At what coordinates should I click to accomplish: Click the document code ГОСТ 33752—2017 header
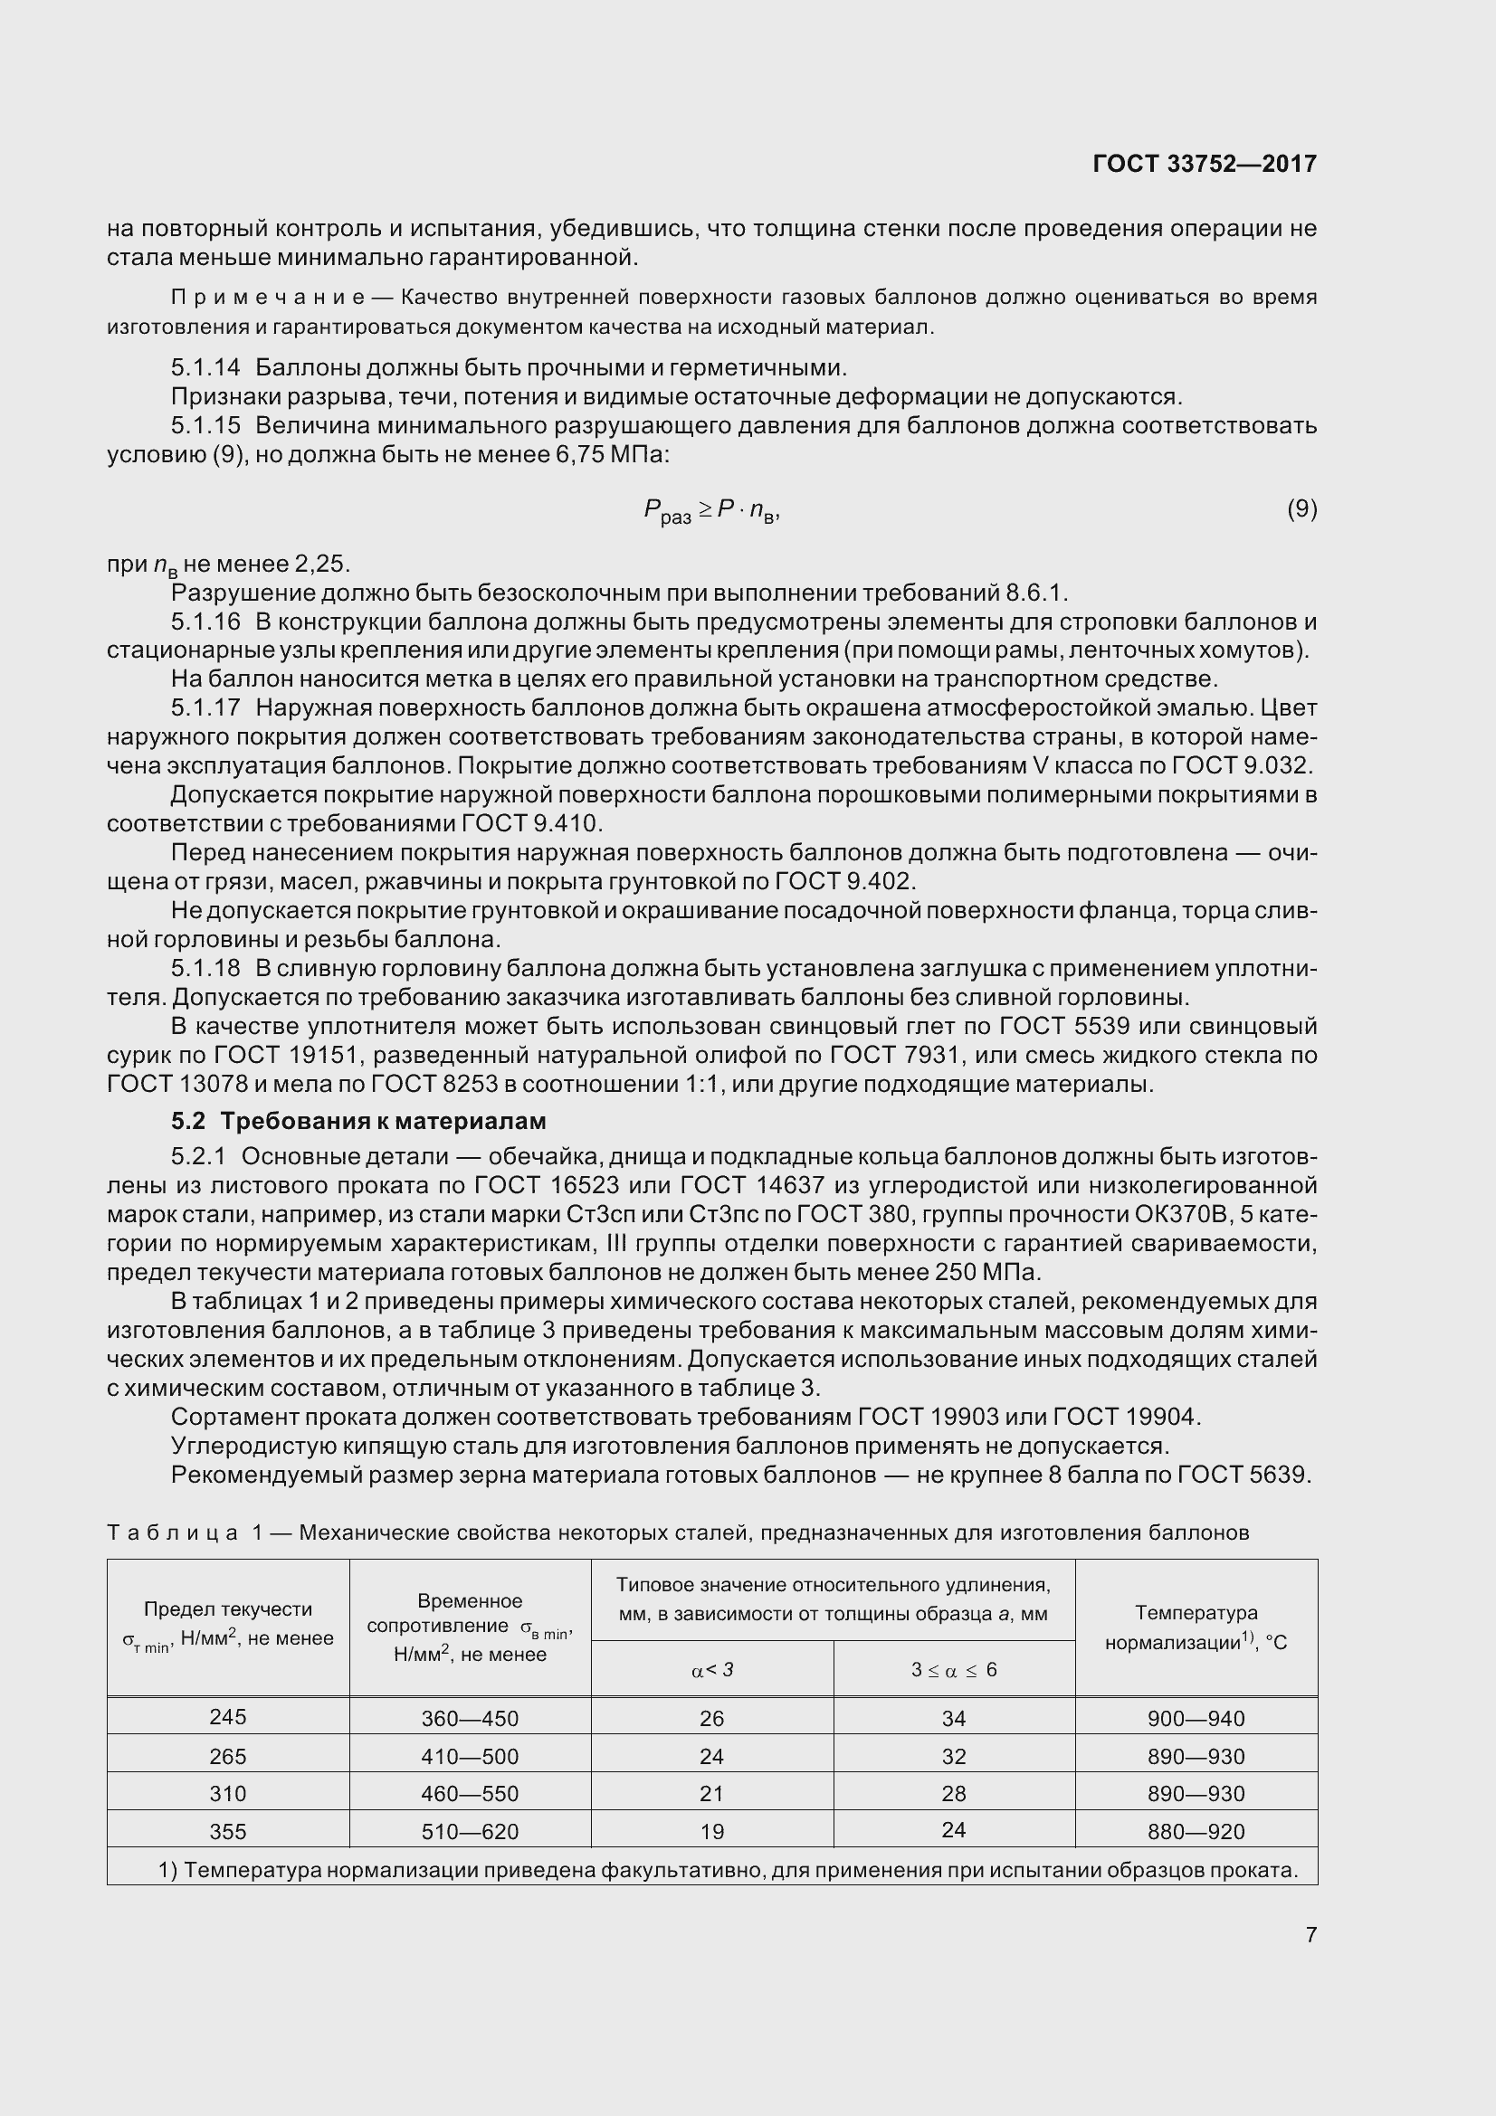(1204, 164)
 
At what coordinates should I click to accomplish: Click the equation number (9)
(1301, 508)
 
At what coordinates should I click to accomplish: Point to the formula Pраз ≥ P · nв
(711, 510)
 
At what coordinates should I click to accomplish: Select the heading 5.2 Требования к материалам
(358, 1121)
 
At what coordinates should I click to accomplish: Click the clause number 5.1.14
(205, 367)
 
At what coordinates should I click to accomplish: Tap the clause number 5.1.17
(205, 707)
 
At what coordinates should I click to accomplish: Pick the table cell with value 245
(228, 1717)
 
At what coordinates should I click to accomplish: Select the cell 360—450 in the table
(469, 1719)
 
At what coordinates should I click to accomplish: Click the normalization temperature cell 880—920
(1196, 1831)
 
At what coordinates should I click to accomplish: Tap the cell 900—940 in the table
(1196, 1719)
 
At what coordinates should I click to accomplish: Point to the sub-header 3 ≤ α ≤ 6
(953, 1670)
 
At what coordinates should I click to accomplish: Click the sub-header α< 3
(711, 1670)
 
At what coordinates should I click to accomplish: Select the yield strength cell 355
(228, 1831)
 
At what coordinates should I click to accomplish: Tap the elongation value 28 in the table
(953, 1793)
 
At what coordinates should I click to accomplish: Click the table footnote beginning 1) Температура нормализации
(728, 1870)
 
